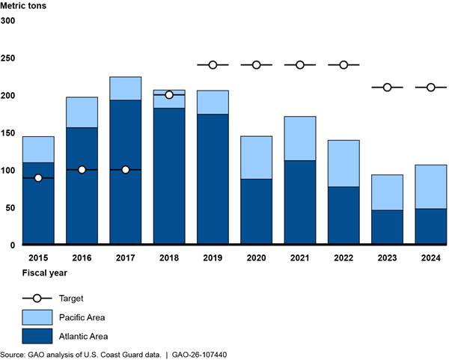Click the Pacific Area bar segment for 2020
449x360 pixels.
(256, 157)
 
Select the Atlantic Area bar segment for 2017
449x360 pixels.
(125, 195)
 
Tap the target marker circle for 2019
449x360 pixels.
(213, 65)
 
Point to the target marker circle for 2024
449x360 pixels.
(431, 88)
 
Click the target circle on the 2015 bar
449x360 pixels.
(37, 177)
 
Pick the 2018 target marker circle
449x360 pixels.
(169, 95)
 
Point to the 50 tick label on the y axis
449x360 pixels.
(8, 207)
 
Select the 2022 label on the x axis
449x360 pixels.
(343, 258)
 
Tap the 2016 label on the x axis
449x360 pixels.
(82, 258)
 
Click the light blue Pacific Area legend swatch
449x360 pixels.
(37, 317)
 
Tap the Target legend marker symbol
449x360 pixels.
(37, 298)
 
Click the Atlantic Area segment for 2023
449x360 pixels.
(387, 227)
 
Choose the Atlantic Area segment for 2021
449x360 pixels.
(300, 202)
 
